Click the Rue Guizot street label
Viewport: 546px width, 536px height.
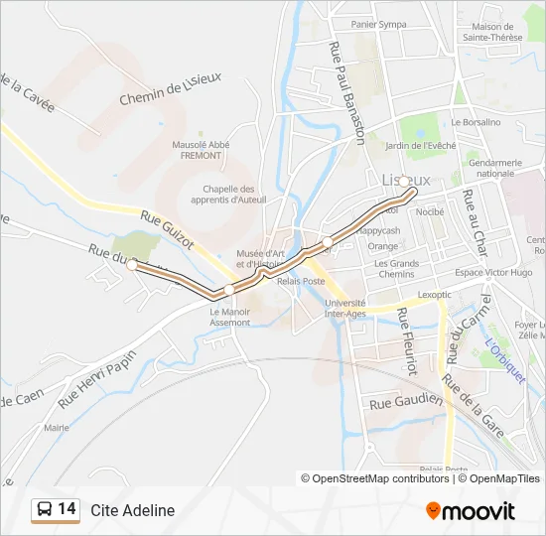tap(166, 231)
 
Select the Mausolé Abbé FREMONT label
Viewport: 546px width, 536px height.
tap(202, 150)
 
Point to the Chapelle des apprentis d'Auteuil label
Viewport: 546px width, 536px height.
tap(229, 195)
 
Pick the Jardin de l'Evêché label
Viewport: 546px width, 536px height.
tap(419, 145)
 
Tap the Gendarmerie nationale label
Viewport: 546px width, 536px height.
tap(495, 168)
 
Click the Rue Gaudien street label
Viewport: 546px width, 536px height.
tap(405, 401)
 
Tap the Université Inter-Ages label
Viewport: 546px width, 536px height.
tap(345, 308)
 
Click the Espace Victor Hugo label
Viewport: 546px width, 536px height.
tap(493, 272)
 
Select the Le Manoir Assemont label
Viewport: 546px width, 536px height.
tap(229, 318)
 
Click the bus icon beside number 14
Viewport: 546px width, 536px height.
tap(45, 510)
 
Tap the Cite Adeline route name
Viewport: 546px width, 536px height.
tap(133, 510)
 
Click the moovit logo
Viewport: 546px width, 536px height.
tap(471, 510)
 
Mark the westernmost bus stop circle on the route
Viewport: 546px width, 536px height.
tap(131, 265)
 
